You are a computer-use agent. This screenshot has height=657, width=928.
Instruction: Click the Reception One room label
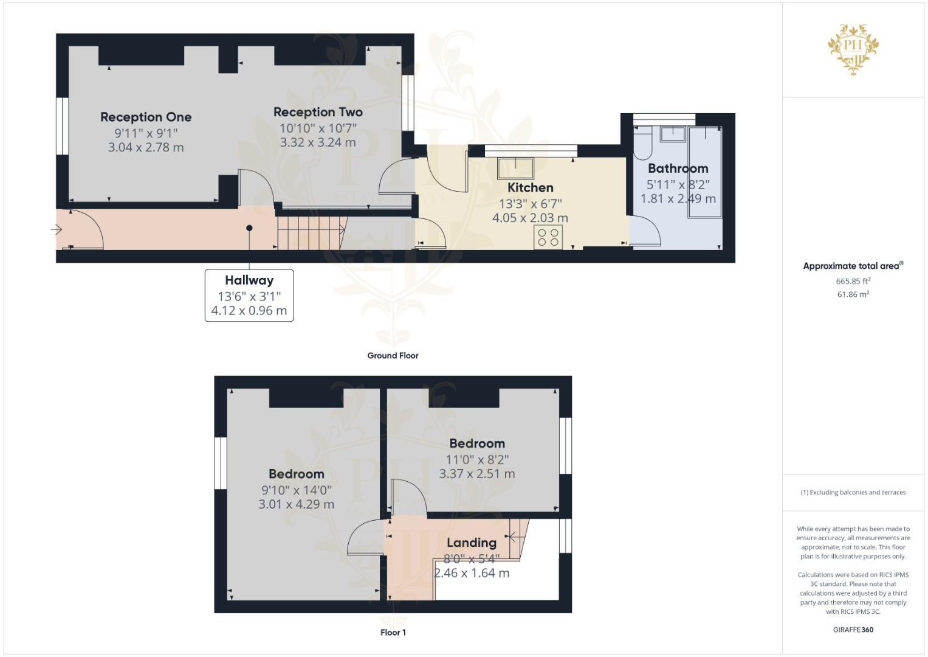point(146,117)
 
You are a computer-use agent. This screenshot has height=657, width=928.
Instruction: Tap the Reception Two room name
point(318,112)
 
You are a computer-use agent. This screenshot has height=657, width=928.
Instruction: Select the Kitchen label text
point(531,187)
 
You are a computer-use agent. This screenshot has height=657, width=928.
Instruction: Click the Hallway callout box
point(249,295)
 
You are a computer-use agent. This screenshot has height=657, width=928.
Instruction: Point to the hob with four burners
point(548,237)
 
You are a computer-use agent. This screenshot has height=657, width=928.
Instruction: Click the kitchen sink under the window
point(515,168)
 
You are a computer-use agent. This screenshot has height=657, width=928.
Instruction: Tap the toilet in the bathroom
point(642,143)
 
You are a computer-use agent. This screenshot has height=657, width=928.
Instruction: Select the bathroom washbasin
point(673,134)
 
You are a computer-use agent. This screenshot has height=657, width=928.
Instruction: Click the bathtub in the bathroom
point(705,172)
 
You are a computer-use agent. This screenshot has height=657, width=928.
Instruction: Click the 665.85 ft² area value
point(853,281)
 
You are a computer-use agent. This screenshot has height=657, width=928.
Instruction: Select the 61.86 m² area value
point(853,294)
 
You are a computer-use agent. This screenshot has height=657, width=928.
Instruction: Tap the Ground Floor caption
point(393,355)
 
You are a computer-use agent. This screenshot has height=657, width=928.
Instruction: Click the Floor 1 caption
point(393,633)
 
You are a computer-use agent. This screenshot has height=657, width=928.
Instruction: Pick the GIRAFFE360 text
point(853,630)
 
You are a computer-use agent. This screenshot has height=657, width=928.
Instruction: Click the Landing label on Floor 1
point(472,543)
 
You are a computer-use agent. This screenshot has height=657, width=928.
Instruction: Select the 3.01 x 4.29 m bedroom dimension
point(296,504)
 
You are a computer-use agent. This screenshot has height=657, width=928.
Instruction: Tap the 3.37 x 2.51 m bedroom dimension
point(477,474)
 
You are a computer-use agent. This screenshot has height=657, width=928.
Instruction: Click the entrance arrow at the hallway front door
point(57,229)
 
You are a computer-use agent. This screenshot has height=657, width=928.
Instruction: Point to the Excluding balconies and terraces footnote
point(853,492)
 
